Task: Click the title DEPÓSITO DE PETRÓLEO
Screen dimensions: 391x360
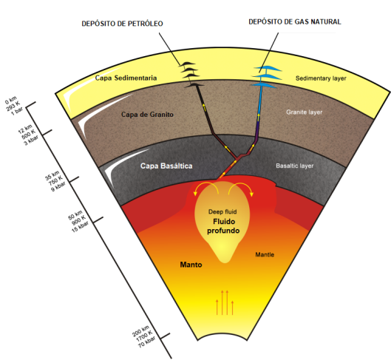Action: (122, 24)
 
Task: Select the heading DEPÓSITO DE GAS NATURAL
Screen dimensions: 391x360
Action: (295, 21)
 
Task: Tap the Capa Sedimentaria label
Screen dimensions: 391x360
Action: (126, 78)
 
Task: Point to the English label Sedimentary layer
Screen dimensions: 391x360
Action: (321, 78)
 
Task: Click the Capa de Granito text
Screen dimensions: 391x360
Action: (147, 115)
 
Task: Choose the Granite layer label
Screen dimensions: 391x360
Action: (305, 112)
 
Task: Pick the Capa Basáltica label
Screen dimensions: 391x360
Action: (166, 166)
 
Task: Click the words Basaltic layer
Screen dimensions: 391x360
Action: (294, 166)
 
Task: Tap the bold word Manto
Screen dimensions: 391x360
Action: (191, 265)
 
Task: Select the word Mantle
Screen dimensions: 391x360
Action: (265, 254)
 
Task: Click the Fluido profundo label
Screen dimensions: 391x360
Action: (223, 226)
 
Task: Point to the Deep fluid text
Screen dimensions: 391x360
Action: (222, 212)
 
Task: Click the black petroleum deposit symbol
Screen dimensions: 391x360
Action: (191, 75)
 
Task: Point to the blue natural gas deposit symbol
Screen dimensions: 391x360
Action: (265, 77)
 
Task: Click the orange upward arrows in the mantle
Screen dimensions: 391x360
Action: (225, 302)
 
